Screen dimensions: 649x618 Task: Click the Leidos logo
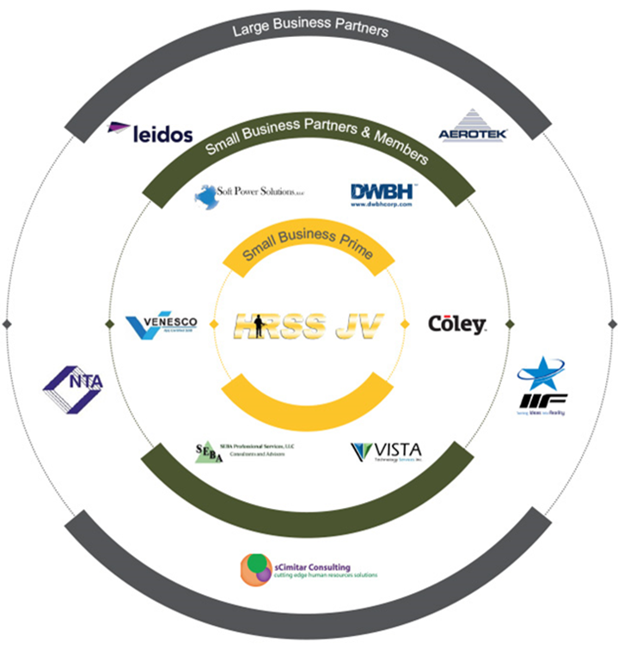[x=150, y=132]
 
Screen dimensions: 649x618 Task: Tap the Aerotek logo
[x=472, y=126]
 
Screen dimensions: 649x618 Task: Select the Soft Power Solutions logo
[x=249, y=195]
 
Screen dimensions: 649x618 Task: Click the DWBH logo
[x=382, y=195]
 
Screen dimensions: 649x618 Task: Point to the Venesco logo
[x=162, y=325]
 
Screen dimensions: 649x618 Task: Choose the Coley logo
[x=456, y=324]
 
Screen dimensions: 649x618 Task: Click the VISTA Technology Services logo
[x=386, y=451]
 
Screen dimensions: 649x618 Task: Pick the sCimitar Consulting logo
[x=309, y=570]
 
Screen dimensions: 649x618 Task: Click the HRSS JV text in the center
[x=309, y=326]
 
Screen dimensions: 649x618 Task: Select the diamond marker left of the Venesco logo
[x=108, y=324]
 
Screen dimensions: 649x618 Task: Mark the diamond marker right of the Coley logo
[x=510, y=324]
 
